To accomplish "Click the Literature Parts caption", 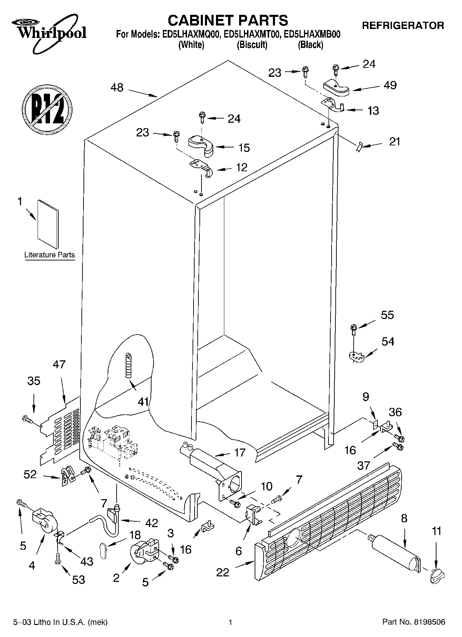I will (x=49, y=255).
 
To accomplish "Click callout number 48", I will (x=117, y=88).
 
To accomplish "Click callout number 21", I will (x=394, y=141).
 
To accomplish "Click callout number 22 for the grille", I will (x=223, y=572).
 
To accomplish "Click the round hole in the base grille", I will (x=294, y=537).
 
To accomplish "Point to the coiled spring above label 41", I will (x=129, y=365).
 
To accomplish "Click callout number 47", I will (x=59, y=364).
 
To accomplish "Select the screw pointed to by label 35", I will (x=26, y=419).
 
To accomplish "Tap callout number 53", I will (x=79, y=580).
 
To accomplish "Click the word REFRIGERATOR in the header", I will (x=403, y=25).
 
